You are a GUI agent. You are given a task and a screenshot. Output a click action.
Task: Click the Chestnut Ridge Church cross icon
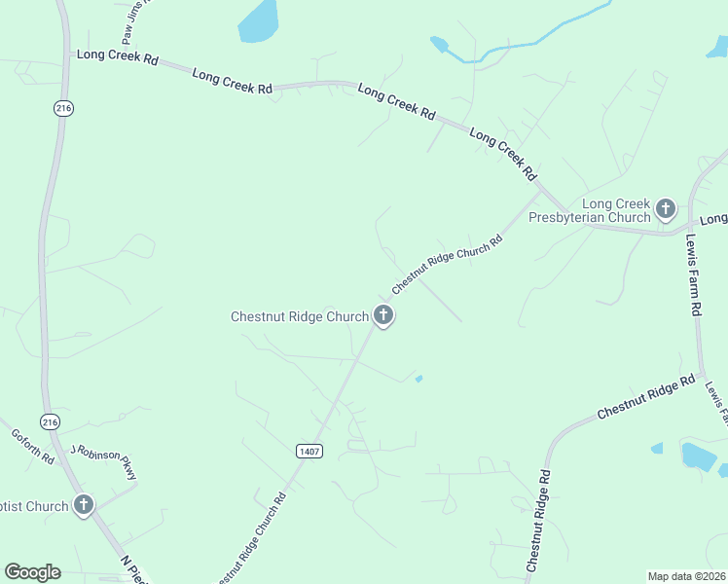pyautogui.click(x=383, y=314)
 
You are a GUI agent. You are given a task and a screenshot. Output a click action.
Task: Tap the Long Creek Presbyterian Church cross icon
pyautogui.click(x=666, y=207)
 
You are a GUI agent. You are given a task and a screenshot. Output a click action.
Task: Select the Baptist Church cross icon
pyautogui.click(x=84, y=504)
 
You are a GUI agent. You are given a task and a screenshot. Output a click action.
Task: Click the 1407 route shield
pyautogui.click(x=309, y=451)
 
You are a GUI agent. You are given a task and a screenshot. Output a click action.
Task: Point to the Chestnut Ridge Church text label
pyautogui.click(x=299, y=316)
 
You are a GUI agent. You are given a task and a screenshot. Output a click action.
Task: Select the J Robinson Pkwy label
pyautogui.click(x=105, y=461)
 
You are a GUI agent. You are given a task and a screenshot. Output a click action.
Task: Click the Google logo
pyautogui.click(x=32, y=572)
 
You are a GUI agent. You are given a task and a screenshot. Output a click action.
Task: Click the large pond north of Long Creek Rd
pyautogui.click(x=258, y=21)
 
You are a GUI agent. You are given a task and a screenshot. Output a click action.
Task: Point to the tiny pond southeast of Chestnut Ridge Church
pyautogui.click(x=419, y=379)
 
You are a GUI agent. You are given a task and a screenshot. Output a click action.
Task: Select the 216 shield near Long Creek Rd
pyautogui.click(x=64, y=108)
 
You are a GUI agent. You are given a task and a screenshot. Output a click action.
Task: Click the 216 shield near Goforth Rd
pyautogui.click(x=50, y=421)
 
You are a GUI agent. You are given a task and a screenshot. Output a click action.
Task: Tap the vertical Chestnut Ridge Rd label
pyautogui.click(x=538, y=522)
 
